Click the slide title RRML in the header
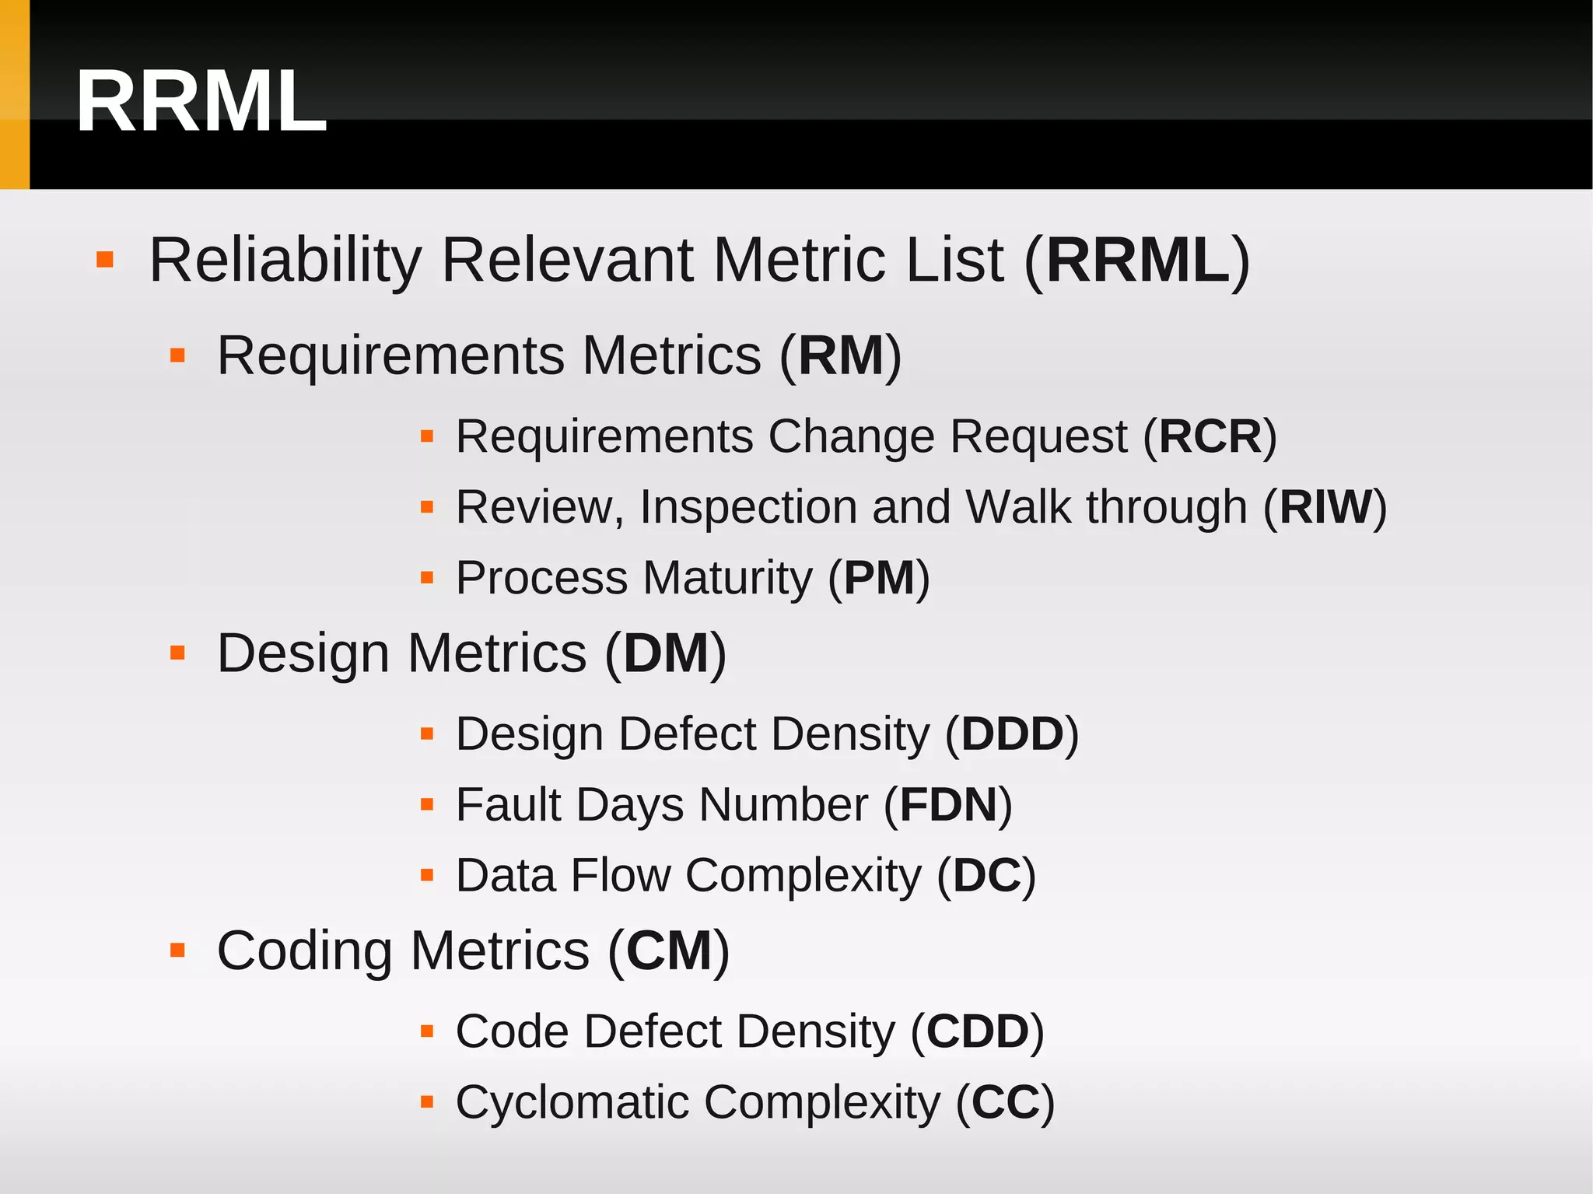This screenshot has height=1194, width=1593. click(201, 102)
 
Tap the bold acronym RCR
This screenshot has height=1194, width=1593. click(1210, 436)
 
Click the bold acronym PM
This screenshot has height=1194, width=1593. click(879, 578)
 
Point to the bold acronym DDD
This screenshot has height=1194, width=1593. click(1012, 734)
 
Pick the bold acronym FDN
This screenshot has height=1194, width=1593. click(948, 804)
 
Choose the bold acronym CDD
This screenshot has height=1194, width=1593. click(977, 1031)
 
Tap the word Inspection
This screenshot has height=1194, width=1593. click(748, 507)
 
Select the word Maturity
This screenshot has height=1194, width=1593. click(727, 578)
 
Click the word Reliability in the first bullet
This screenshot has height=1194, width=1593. click(285, 260)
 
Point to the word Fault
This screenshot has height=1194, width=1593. click(508, 804)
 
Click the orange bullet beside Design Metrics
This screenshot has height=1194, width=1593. click(177, 652)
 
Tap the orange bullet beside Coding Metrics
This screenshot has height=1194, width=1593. click(177, 950)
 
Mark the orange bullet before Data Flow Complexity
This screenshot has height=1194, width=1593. click(426, 875)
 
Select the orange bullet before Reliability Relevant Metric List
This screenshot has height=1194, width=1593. click(105, 259)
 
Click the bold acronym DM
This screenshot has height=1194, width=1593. click(666, 653)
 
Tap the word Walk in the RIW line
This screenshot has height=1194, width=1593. click(1018, 507)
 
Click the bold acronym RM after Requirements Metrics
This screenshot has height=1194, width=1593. click(841, 355)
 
